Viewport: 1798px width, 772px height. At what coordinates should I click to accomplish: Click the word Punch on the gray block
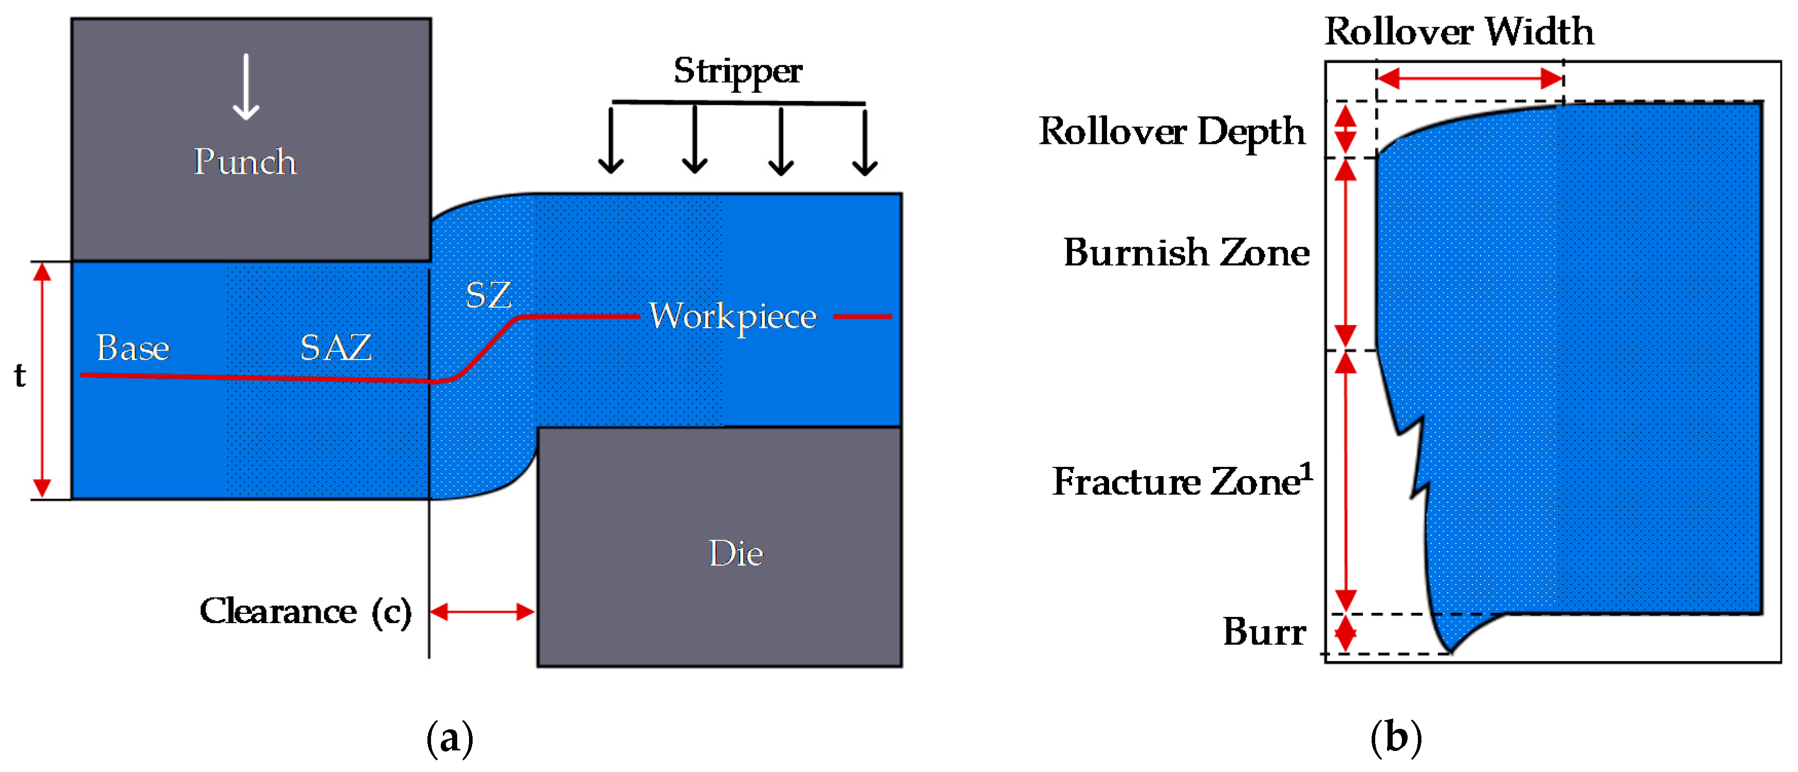(x=245, y=162)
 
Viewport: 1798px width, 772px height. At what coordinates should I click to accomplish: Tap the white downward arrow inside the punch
(x=246, y=87)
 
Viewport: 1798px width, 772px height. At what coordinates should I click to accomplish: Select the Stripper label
(x=737, y=70)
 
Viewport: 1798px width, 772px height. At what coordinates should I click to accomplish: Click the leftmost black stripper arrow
(x=611, y=140)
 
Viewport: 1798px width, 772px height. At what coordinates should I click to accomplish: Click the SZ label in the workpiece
(x=489, y=295)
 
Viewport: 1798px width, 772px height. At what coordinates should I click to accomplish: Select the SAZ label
(x=336, y=348)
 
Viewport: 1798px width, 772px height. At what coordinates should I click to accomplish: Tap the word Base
(x=133, y=348)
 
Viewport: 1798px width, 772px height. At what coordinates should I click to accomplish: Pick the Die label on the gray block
(x=736, y=554)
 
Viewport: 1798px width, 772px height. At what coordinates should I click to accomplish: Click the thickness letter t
(x=20, y=375)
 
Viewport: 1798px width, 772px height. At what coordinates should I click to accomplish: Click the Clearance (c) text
(x=306, y=611)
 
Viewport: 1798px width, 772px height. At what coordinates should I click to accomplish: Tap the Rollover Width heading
(x=1459, y=31)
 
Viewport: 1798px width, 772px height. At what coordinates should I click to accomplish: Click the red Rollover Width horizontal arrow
(x=1469, y=78)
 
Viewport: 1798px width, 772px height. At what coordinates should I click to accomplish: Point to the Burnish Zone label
(x=1186, y=253)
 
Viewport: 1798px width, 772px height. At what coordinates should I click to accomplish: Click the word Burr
(x=1264, y=632)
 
